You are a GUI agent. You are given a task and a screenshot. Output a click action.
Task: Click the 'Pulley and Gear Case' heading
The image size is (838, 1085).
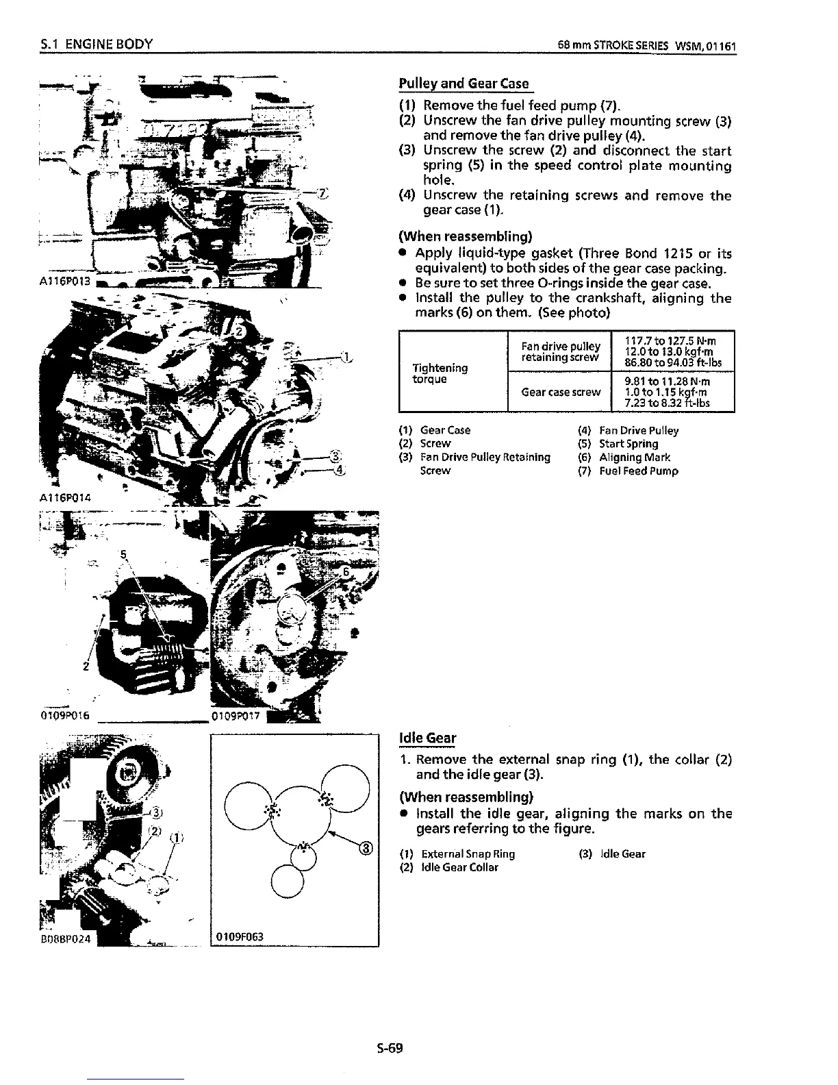[x=464, y=84]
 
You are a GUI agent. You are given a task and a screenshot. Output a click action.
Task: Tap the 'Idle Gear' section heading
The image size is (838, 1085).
[x=427, y=738]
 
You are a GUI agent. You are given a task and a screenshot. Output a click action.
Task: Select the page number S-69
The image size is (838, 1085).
[x=390, y=1047]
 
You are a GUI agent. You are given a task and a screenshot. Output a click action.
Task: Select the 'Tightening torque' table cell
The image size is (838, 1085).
[x=440, y=373]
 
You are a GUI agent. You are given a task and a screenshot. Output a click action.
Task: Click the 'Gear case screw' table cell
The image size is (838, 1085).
[x=561, y=392]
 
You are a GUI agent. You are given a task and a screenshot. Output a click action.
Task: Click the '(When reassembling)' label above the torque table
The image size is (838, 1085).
[x=466, y=236]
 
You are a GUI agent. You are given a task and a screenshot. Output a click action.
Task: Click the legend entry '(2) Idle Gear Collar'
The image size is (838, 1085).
[x=448, y=867]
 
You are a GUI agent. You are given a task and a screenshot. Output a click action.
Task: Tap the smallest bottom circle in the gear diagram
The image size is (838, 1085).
[x=287, y=881]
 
